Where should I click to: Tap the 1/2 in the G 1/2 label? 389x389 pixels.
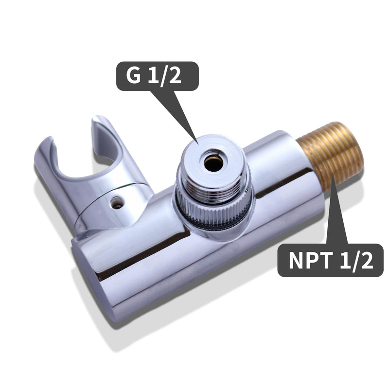[164, 76]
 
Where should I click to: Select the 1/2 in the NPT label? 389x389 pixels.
[356, 261]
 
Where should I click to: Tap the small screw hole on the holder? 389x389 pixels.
[117, 203]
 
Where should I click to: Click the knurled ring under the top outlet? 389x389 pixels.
[213, 211]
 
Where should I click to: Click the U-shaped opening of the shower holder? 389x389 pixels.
[82, 161]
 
